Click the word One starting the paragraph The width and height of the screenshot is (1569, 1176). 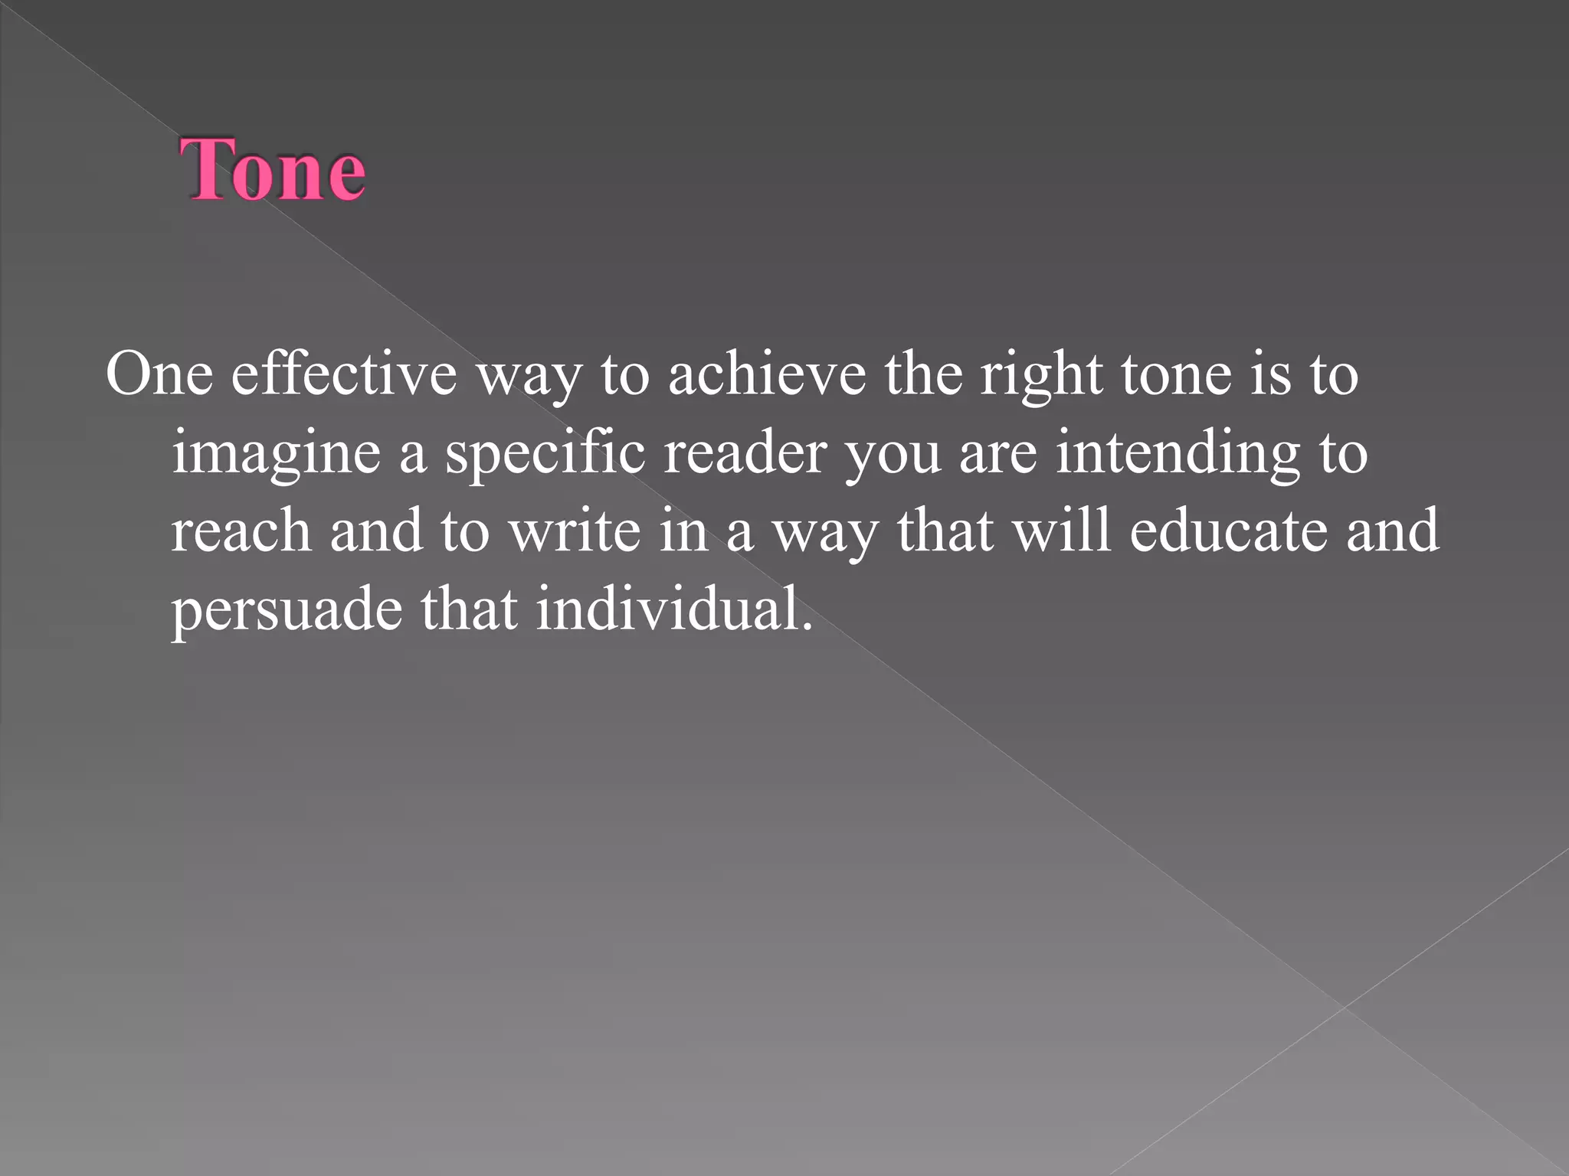tap(159, 374)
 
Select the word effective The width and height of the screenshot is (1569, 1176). tap(344, 374)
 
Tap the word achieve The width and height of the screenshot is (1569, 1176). tap(767, 374)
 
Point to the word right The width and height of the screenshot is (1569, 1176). tap(1042, 374)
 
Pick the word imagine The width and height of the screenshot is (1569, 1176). tap(276, 453)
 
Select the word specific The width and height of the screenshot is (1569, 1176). tap(545, 453)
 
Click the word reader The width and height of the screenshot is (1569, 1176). tap(745, 453)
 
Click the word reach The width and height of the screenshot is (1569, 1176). tap(241, 531)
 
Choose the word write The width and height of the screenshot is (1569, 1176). tap(575, 531)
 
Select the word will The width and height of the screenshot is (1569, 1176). tap(1061, 531)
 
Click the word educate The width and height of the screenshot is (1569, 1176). tap(1228, 531)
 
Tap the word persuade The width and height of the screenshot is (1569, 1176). tap(287, 609)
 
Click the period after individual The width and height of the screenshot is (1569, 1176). tap(806, 626)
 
